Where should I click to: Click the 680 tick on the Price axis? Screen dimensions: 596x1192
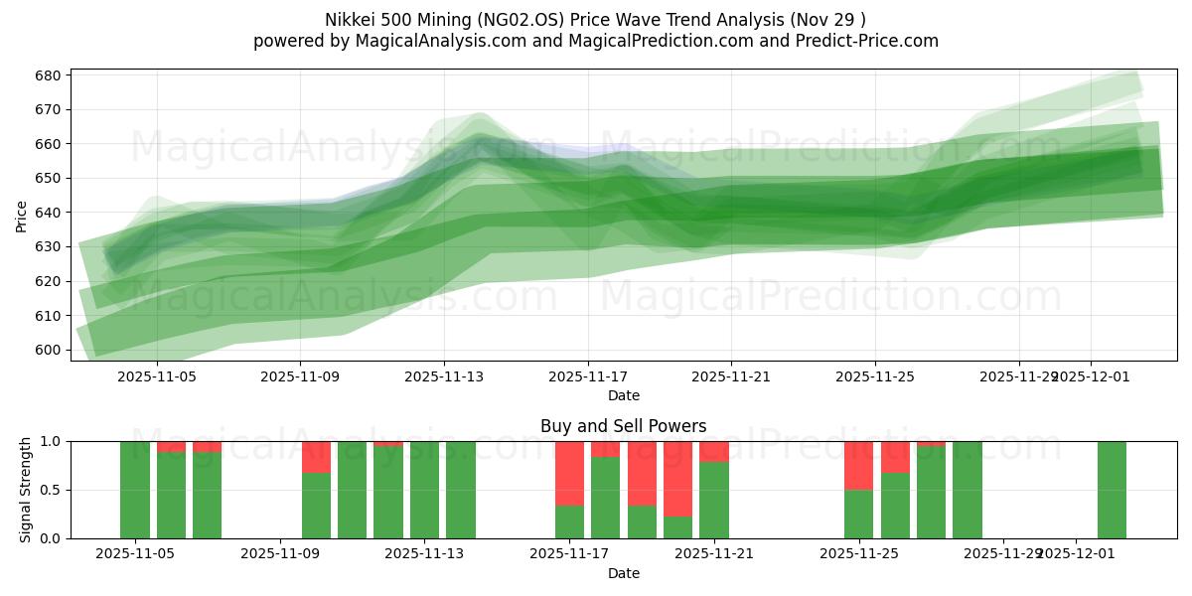(49, 75)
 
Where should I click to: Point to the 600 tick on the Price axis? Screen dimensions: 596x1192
(49, 350)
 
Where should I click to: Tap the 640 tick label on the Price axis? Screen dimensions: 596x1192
(49, 213)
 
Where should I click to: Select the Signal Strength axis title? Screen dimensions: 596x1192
(26, 490)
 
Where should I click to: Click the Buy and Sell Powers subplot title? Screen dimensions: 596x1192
(623, 426)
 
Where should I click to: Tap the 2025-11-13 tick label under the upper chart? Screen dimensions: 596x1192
(444, 376)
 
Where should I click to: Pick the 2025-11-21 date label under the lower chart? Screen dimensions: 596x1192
(714, 554)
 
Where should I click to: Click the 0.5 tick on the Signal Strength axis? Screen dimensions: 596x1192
(49, 490)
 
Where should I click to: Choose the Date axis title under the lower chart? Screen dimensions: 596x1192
(623, 573)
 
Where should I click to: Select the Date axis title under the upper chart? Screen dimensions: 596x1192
(623, 395)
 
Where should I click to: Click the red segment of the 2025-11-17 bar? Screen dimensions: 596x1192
(569, 473)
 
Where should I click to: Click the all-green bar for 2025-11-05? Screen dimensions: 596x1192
(135, 490)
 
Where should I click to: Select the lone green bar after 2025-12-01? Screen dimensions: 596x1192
(1112, 490)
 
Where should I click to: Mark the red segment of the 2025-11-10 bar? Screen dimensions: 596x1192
(316, 456)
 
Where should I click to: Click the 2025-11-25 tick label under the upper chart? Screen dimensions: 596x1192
(875, 376)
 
